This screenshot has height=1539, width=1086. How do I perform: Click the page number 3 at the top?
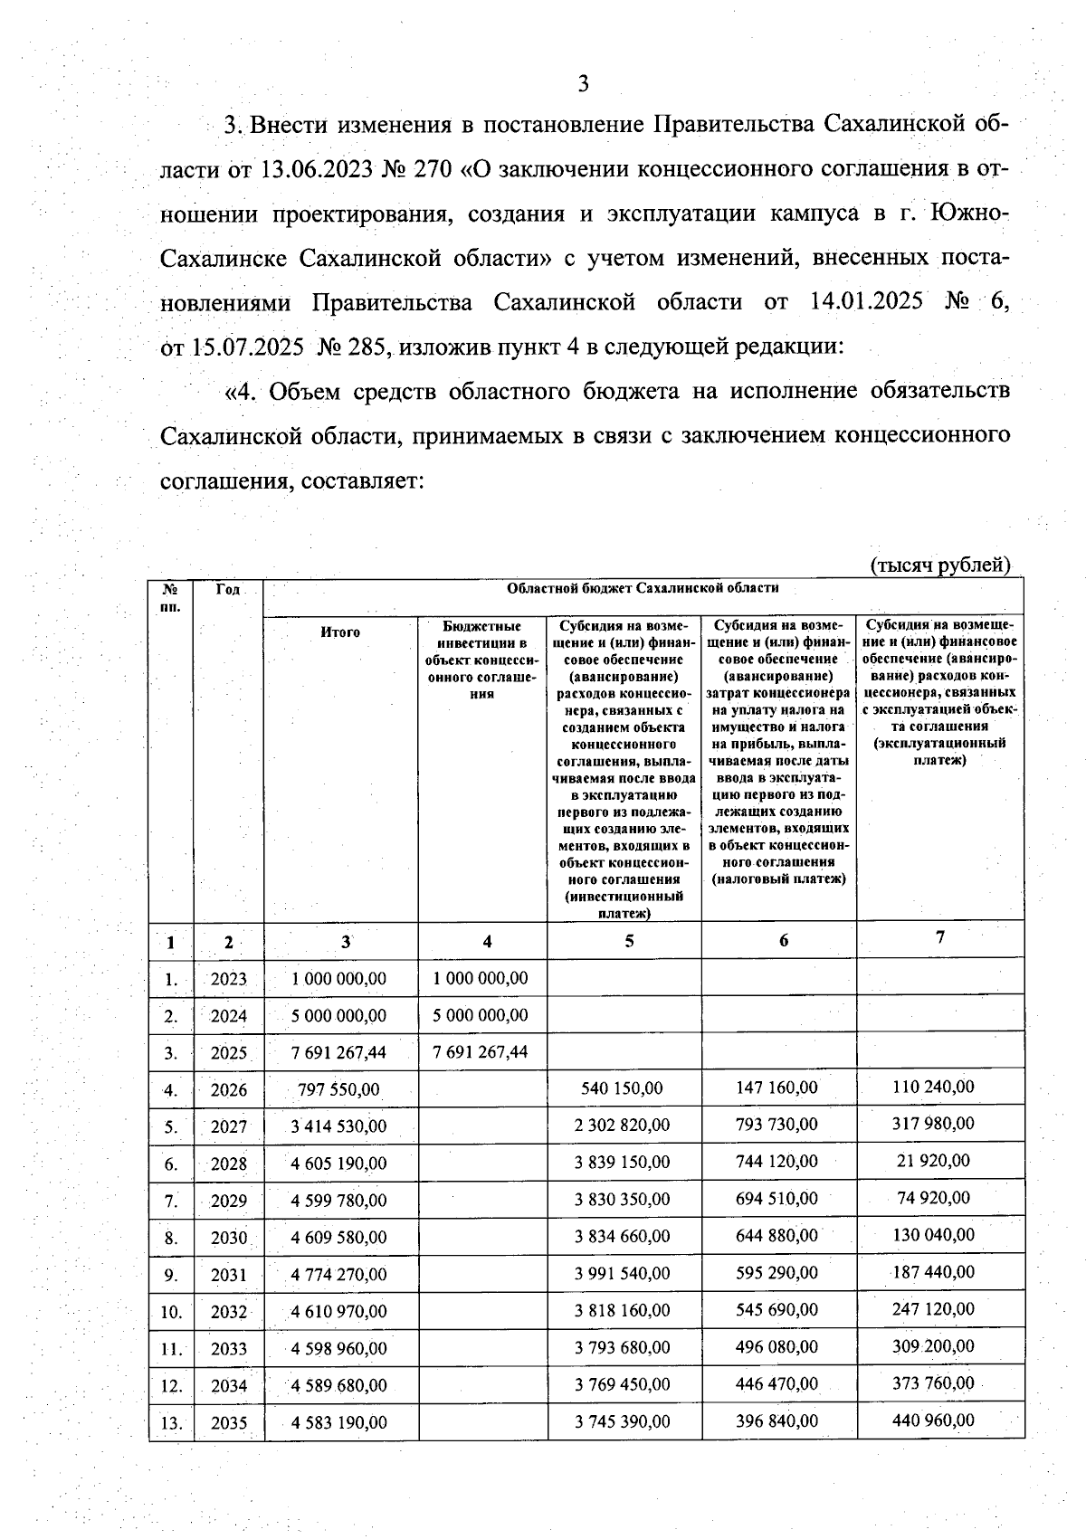coord(583,84)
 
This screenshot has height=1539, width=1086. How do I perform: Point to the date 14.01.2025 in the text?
coord(862,301)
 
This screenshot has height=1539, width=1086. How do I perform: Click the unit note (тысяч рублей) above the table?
coord(939,565)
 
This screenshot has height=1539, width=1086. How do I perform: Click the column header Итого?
coord(340,632)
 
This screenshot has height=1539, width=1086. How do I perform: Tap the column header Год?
coord(228,590)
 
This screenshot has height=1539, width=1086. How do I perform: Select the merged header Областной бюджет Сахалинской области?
coord(643,588)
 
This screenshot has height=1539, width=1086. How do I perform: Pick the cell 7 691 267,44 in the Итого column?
coord(338,1052)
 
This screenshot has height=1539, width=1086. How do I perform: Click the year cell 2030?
coord(228,1238)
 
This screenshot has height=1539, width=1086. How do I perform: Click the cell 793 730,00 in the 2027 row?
coord(776,1125)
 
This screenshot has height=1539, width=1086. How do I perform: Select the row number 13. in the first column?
coord(171,1423)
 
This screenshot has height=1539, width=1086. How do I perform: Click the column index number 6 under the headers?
coord(783,941)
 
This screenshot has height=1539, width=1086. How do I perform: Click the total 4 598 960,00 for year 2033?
coord(338,1348)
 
